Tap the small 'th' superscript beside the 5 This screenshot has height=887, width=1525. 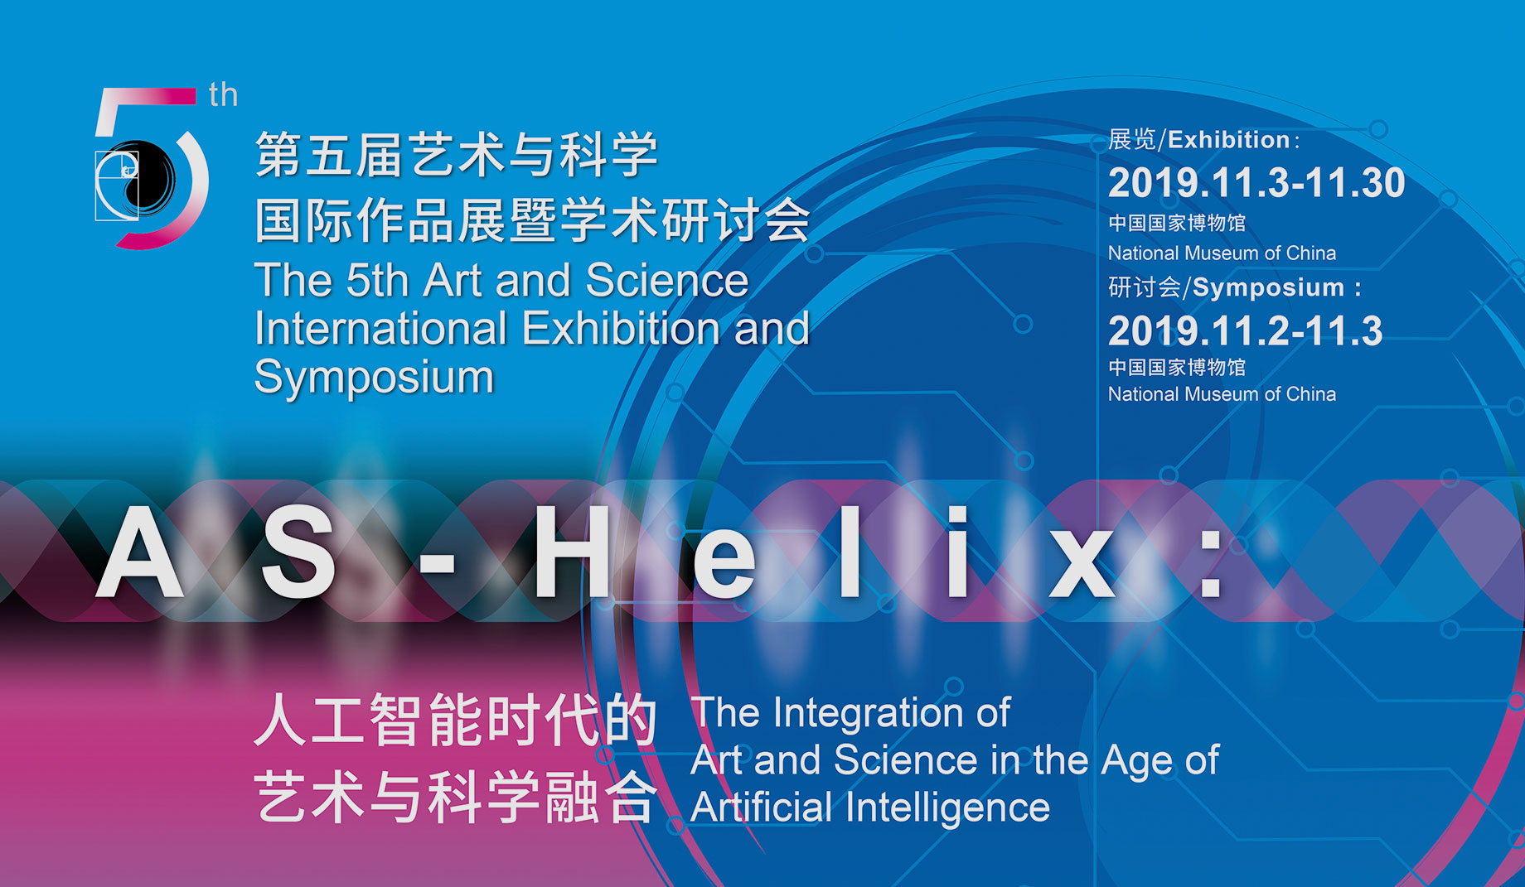point(224,94)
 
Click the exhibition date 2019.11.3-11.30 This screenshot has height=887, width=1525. point(1256,183)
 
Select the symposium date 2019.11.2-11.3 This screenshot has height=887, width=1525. point(1245,331)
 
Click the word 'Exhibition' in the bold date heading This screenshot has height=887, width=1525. point(1228,139)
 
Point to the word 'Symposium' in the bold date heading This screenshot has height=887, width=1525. point(1268,287)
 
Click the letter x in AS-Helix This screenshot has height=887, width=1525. point(1082,563)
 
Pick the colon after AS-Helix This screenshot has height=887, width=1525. point(1211,563)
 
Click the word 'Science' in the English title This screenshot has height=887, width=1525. point(666,280)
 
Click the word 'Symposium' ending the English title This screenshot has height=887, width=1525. point(374,378)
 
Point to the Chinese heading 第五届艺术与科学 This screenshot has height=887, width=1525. point(457,155)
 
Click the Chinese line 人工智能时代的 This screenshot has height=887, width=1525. point(456,720)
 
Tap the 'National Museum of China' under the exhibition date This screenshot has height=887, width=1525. point(1222,253)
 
